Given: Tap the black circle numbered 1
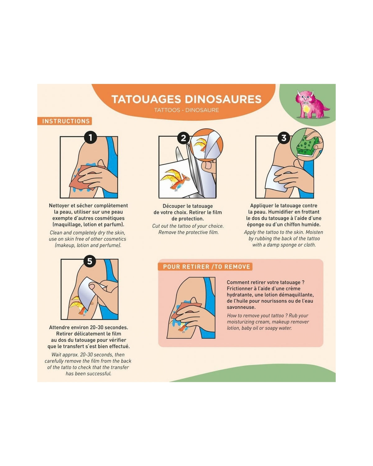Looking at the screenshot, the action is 90,137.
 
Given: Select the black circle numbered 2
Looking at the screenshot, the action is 184,138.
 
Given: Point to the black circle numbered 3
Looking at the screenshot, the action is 284,138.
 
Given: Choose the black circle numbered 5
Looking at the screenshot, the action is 90,261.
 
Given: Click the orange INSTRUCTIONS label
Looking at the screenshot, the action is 65,121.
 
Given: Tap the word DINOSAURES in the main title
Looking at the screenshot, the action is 223,99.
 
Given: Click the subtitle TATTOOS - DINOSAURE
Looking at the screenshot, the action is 186,110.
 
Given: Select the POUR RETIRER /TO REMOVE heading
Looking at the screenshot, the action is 205,267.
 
